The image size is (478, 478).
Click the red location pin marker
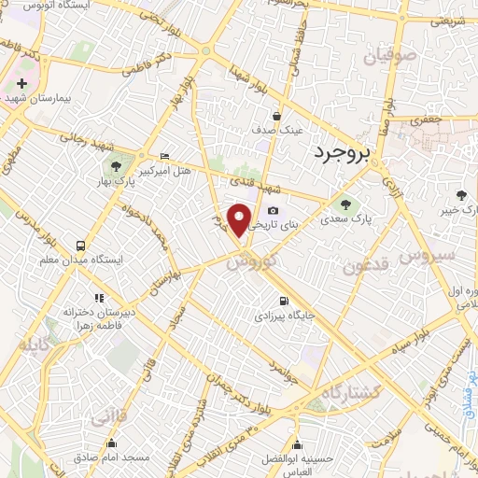[241, 220]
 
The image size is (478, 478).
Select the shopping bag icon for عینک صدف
[277, 116]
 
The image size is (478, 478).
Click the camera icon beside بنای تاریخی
[273, 211]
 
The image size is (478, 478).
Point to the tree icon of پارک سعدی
[342, 205]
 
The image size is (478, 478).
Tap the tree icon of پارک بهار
[116, 166]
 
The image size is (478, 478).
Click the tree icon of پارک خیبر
[462, 195]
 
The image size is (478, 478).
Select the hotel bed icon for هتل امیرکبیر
[165, 156]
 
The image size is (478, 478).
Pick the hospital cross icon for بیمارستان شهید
[21, 83]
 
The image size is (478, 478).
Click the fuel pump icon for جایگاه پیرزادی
[282, 302]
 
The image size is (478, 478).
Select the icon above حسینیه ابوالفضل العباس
[297, 444]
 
